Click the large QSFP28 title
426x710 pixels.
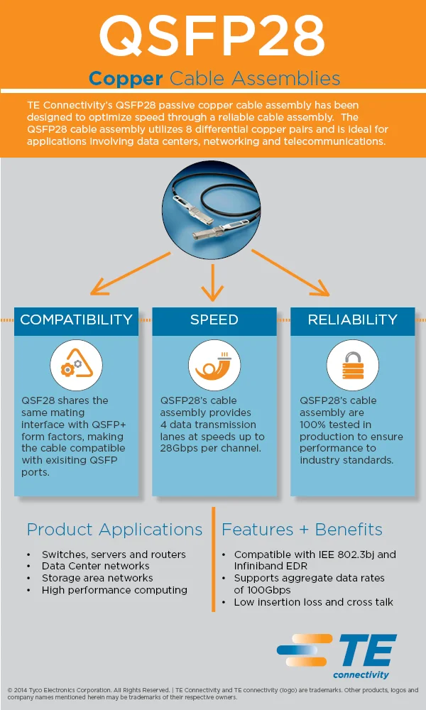click(x=212, y=35)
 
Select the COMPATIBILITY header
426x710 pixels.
click(x=77, y=320)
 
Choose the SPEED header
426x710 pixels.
click(x=214, y=320)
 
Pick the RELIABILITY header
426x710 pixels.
click(x=352, y=320)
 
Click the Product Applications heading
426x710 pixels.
click(x=114, y=530)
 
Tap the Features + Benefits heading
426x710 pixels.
click(x=302, y=530)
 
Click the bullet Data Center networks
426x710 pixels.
click(x=95, y=566)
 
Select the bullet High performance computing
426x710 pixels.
click(x=114, y=590)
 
